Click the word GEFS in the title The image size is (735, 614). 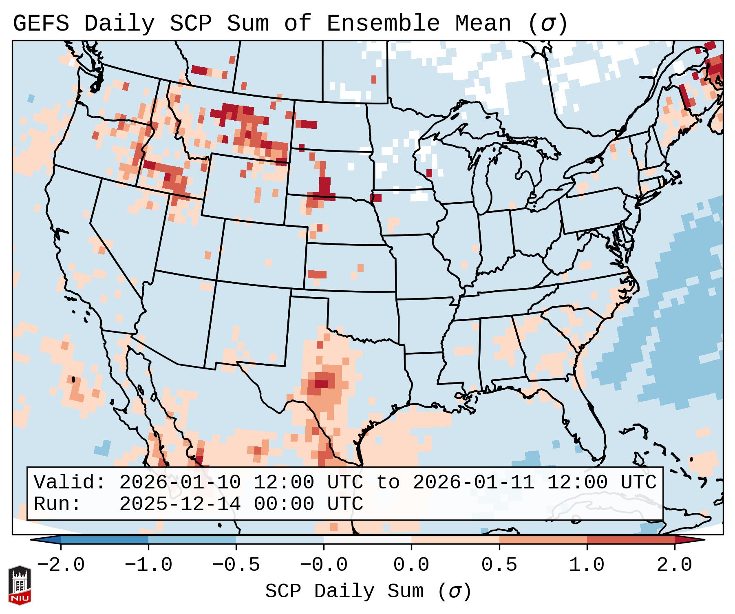click(41, 24)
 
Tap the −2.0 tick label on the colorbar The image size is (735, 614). click(61, 565)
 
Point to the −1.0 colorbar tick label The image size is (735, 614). click(148, 565)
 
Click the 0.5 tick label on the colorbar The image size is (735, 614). click(499, 565)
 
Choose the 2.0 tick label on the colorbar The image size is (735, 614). click(675, 565)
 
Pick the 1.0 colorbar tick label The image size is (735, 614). click(587, 565)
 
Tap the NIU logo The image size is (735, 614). click(20, 585)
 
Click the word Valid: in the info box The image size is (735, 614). click(70, 483)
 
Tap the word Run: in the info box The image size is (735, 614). click(57, 504)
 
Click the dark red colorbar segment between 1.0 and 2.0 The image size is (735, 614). click(631, 540)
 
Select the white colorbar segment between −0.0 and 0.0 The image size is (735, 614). click(367, 540)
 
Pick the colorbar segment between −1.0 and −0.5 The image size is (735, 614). click(192, 540)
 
